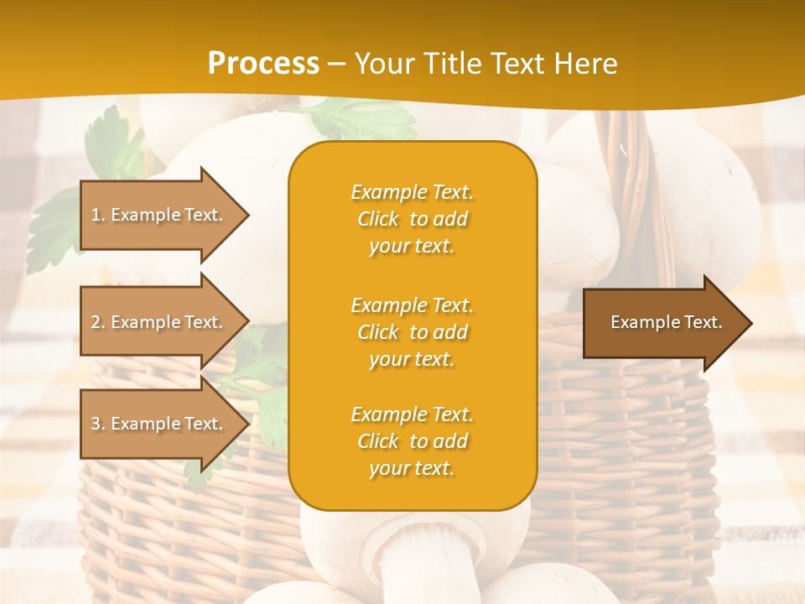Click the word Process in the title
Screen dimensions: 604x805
(x=263, y=64)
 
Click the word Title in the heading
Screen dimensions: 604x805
(x=452, y=64)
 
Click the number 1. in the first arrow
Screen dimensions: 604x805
(x=98, y=215)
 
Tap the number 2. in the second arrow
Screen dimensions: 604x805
(x=98, y=322)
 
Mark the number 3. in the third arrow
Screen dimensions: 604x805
(x=98, y=424)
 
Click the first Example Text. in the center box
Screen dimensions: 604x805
(x=412, y=192)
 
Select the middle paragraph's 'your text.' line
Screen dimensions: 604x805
(x=412, y=359)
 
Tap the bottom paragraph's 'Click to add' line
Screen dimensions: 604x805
(x=412, y=441)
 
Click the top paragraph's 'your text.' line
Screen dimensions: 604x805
(x=412, y=246)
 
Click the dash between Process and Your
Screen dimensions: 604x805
(x=337, y=64)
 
